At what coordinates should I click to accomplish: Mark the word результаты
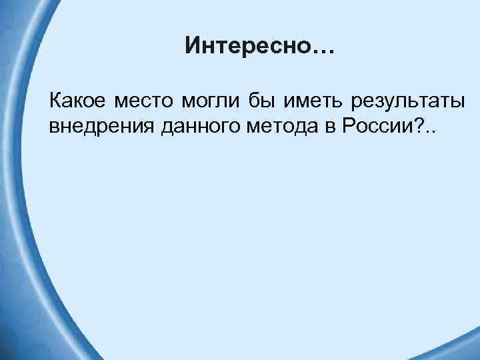403,103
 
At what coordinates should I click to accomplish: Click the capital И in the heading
193,46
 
